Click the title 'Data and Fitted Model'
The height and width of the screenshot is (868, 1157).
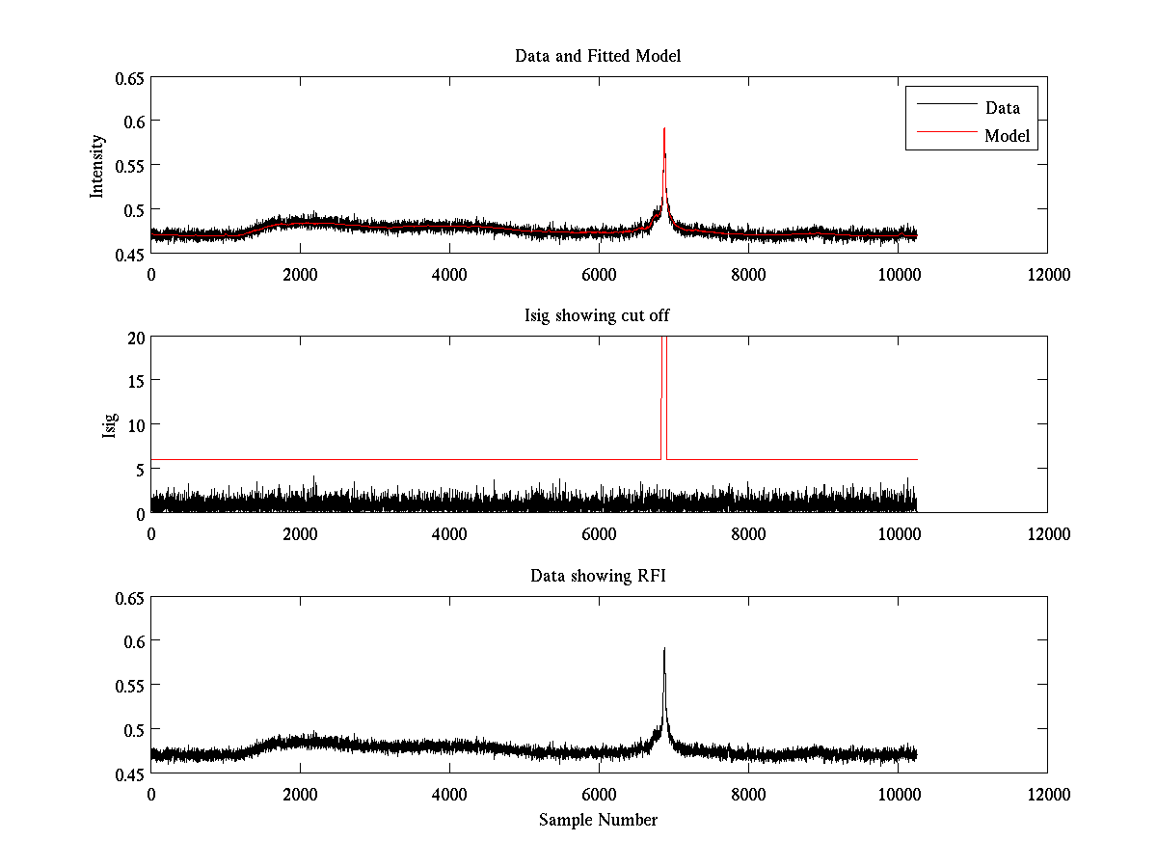coord(598,56)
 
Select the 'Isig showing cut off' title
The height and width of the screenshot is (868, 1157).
coord(598,316)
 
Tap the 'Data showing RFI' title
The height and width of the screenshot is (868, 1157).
coord(598,577)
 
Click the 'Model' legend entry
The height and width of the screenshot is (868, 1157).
coord(1007,136)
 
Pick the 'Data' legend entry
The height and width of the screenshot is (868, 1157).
coord(1002,107)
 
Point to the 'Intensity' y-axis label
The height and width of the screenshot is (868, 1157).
coord(96,166)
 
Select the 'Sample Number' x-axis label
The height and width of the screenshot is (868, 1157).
coord(598,820)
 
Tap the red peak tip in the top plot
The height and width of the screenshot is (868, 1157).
coord(664,128)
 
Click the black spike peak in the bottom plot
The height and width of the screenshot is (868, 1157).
coord(664,649)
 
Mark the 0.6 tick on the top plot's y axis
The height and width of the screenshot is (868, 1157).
coord(129,121)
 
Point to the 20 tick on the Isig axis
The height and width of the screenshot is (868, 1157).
coord(134,337)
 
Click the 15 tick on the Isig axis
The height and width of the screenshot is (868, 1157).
coord(134,381)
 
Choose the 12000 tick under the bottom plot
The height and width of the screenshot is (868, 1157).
coord(1047,795)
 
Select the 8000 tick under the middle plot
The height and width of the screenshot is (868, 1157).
coord(748,534)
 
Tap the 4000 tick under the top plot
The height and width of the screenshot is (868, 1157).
coord(449,274)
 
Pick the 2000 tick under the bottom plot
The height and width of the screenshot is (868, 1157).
coord(300,795)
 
